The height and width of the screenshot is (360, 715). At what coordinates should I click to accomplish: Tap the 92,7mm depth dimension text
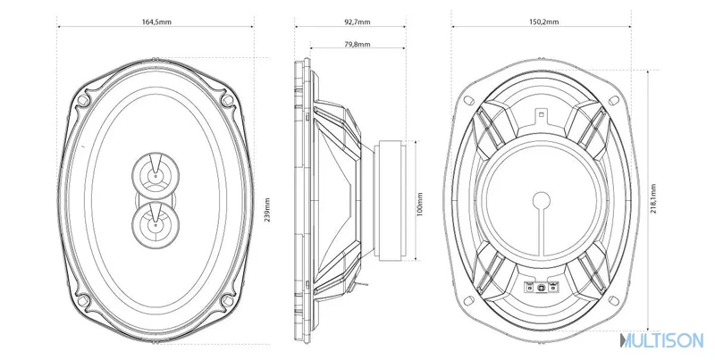[357, 21]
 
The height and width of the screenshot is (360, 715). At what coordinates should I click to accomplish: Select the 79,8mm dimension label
[357, 44]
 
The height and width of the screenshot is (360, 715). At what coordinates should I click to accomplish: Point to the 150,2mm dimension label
[543, 21]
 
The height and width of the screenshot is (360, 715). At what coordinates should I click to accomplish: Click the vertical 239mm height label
[267, 210]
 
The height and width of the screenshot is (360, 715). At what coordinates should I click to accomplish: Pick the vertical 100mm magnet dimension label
[420, 205]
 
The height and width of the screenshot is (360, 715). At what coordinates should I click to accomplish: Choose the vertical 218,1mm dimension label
[653, 199]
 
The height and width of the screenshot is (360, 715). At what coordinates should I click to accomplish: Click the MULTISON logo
[661, 340]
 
